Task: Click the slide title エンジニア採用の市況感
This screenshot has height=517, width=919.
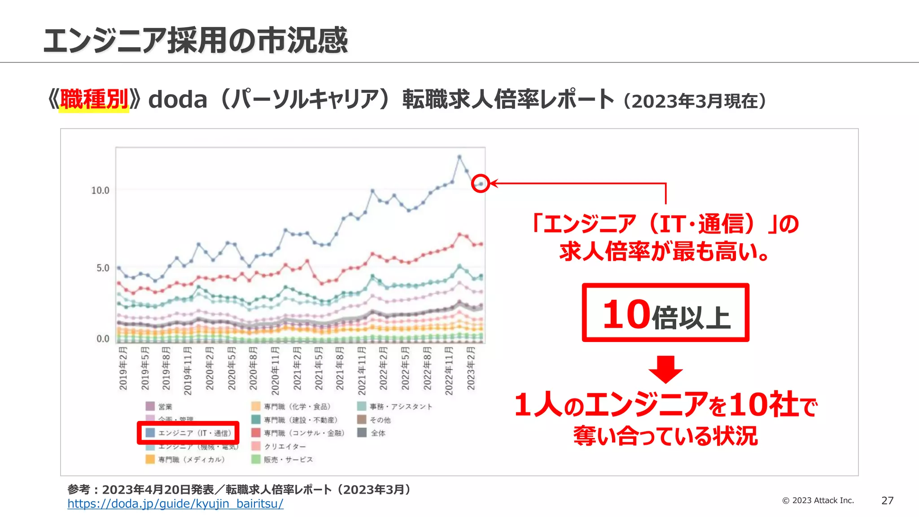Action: click(195, 40)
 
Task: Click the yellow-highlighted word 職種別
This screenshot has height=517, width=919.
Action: click(94, 99)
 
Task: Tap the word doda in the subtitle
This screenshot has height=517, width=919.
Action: click(178, 100)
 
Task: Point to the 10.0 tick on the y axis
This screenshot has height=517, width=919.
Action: click(100, 191)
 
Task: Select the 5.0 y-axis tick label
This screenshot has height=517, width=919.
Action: click(103, 268)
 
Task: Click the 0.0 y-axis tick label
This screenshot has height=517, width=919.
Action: click(103, 339)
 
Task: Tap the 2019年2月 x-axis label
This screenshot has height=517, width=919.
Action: click(123, 368)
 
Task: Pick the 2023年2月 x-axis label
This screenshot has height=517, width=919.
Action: click(470, 368)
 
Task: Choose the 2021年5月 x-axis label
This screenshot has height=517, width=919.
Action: click(319, 368)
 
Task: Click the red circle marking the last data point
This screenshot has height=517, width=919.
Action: click(481, 184)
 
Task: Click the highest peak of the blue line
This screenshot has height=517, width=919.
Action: click(459, 157)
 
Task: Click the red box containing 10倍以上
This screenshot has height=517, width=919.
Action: click(665, 313)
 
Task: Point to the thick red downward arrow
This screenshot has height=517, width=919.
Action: click(665, 369)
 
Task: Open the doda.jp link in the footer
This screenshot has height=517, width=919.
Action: click(175, 504)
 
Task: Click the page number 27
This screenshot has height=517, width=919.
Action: click(887, 501)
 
